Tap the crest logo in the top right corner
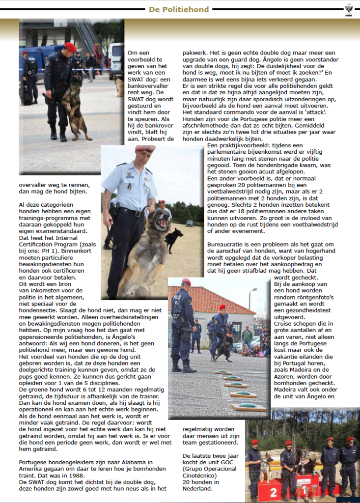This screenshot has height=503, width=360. [x=349, y=9]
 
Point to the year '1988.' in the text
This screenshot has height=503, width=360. [x=72, y=475]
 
